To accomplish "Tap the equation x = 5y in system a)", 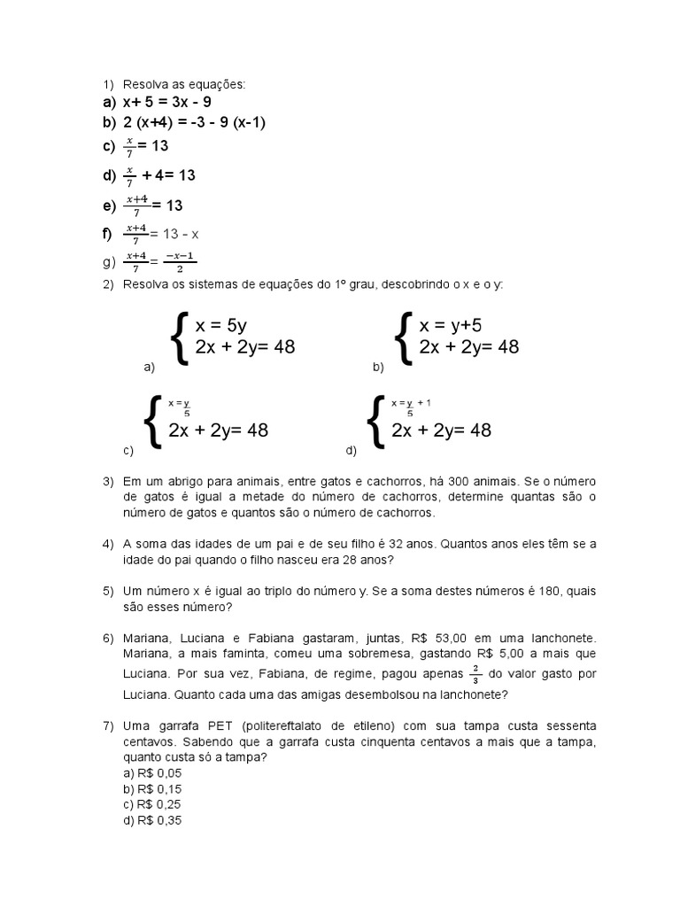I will click(x=222, y=325).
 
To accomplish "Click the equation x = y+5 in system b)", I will click(x=451, y=325).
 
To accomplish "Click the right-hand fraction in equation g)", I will click(x=181, y=262).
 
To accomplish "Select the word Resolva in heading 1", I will click(x=144, y=84).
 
